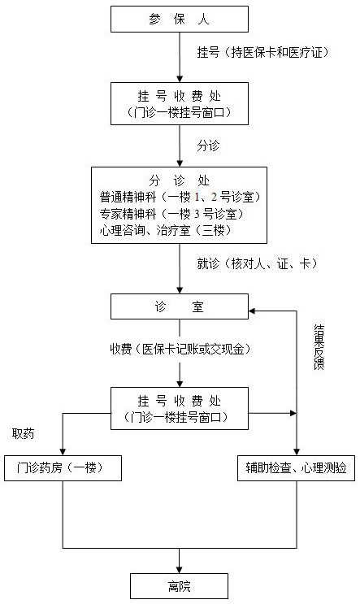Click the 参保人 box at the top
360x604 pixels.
point(180,19)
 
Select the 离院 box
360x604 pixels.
point(179,586)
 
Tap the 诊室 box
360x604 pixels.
point(180,306)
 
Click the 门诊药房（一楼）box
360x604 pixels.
point(63,468)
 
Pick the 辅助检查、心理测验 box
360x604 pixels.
point(296,468)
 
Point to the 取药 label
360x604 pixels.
point(23,434)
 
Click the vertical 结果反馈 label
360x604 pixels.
point(319,347)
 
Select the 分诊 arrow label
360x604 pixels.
point(208,146)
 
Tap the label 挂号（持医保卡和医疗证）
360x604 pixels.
point(263,52)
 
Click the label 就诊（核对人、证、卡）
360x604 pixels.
point(258,263)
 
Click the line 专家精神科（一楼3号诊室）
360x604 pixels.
point(171,214)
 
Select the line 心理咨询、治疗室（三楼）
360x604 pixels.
point(167,230)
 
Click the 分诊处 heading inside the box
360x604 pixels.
point(180,180)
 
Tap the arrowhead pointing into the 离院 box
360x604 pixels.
point(180,569)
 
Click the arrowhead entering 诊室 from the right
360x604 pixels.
point(252,311)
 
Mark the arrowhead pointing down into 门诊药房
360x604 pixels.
point(63,451)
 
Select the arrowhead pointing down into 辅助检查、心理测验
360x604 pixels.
point(297,451)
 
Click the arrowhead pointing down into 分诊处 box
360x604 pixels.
point(180,163)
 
